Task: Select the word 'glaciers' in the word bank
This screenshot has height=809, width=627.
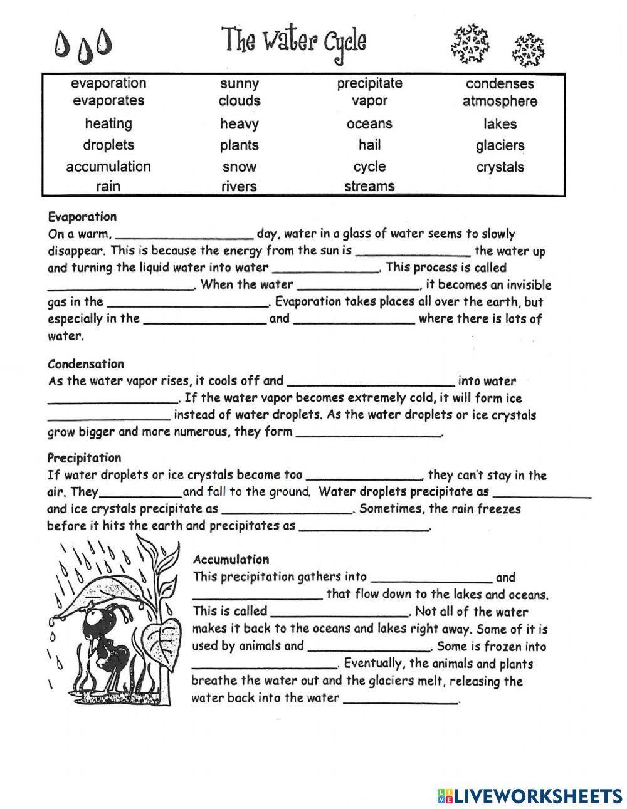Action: click(x=500, y=145)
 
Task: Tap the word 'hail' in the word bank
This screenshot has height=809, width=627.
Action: click(x=369, y=145)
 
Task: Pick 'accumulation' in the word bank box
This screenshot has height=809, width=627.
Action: click(x=108, y=167)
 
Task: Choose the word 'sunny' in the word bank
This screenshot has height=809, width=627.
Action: click(x=240, y=83)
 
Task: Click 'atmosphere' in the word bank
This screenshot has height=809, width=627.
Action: click(x=500, y=101)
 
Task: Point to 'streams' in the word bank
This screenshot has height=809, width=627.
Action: click(x=369, y=186)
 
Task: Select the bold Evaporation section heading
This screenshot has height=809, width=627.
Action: click(x=82, y=217)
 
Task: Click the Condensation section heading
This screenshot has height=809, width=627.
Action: click(x=86, y=363)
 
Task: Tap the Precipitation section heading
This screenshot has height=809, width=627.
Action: click(x=84, y=457)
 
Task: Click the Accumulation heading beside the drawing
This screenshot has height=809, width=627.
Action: click(x=231, y=560)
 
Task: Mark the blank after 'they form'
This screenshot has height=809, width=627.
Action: click(x=368, y=434)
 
